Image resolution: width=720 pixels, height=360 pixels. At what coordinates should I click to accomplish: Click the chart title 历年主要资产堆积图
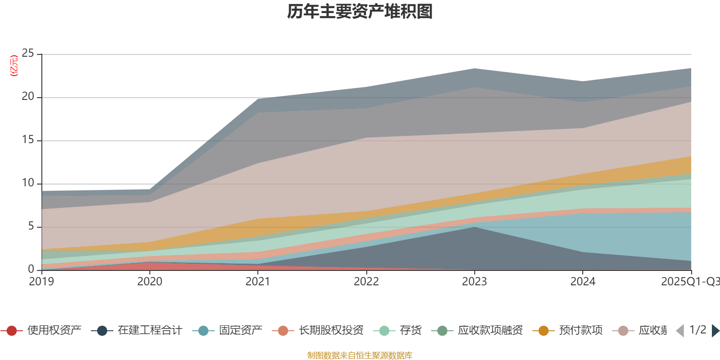pos(360,12)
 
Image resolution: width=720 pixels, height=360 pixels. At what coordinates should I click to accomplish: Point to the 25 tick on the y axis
pos(28,54)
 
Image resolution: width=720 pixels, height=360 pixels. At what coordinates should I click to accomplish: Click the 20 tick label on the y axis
pos(28,97)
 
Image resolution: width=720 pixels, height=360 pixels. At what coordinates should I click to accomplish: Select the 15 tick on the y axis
pos(28,140)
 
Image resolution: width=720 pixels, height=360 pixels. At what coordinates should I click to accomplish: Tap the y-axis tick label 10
pos(28,183)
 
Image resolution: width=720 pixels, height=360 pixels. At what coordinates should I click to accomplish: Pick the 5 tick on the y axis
pos(31,226)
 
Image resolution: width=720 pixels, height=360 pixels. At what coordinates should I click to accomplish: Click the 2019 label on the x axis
pos(41,282)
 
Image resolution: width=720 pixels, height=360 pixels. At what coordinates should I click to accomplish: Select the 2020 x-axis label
pos(150,282)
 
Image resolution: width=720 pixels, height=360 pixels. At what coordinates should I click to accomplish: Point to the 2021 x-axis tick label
pos(258,282)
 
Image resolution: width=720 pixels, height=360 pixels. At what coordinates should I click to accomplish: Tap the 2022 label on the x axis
pos(366,282)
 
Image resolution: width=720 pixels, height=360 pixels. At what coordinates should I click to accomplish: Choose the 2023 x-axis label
pos(474,282)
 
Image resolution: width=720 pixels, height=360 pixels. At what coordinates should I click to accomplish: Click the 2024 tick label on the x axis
pos(583,282)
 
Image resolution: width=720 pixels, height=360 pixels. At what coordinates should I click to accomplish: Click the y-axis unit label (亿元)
pos(14,66)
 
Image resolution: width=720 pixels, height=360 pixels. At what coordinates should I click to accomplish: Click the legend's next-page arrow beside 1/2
pos(715,331)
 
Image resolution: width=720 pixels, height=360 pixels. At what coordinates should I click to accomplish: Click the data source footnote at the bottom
pos(360,355)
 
